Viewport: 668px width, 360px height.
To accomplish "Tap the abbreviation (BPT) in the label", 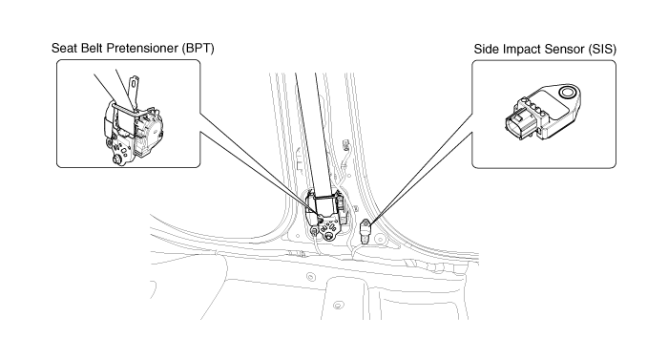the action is [x=198, y=48].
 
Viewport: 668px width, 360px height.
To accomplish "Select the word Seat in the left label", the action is [x=63, y=48].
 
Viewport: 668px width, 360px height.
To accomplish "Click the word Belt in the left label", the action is [x=91, y=48].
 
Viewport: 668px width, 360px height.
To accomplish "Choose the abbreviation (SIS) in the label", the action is [x=602, y=49].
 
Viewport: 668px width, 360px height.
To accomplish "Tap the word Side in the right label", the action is [x=487, y=49].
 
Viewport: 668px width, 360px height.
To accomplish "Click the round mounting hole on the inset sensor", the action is [x=568, y=92].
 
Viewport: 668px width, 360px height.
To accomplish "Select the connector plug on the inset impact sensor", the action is [x=517, y=124].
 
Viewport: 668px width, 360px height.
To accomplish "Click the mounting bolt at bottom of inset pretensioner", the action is [x=115, y=160].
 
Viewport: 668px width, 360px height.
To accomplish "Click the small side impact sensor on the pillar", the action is [x=365, y=230].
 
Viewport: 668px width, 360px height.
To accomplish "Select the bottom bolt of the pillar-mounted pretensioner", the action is [x=327, y=235].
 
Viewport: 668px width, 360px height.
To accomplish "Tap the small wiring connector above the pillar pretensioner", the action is [x=345, y=144].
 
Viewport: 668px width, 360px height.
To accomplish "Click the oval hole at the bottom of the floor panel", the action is [x=338, y=306].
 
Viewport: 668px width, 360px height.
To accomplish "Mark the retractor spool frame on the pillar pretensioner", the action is [x=325, y=208].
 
